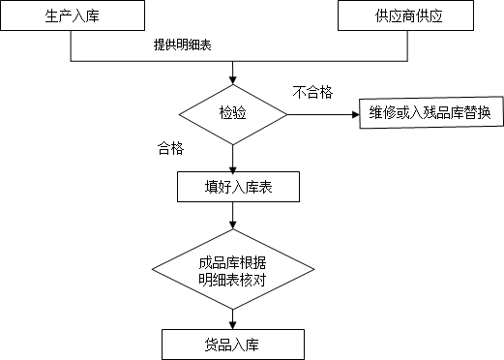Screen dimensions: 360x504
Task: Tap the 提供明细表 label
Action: pyautogui.click(x=182, y=45)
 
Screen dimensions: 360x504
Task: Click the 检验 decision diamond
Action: pyautogui.click(x=233, y=113)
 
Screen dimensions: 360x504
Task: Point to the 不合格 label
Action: pyautogui.click(x=312, y=92)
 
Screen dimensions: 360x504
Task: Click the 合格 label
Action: pyautogui.click(x=171, y=149)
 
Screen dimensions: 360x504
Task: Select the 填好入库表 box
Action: pyautogui.click(x=232, y=187)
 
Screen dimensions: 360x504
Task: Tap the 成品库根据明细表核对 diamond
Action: pyautogui.click(x=232, y=270)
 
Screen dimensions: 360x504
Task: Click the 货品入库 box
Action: pyautogui.click(x=232, y=345)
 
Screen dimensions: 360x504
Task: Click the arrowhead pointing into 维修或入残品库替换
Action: pyautogui.click(x=354, y=113)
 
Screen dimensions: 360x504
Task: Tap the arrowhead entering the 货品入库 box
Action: pyautogui.click(x=233, y=325)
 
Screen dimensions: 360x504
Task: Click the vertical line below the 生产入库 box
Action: pyautogui.click(x=74, y=49)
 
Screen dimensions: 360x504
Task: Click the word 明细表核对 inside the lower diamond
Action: pyautogui.click(x=232, y=280)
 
